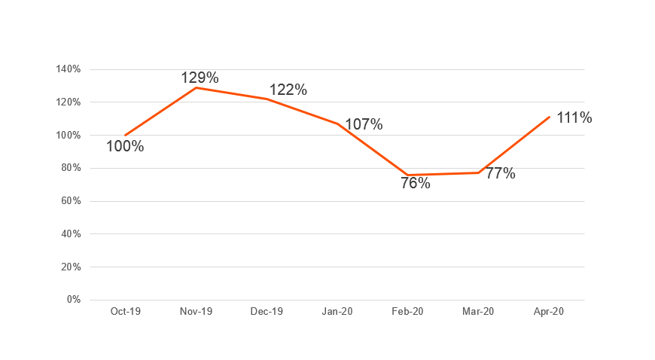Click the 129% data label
(200, 77)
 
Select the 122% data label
(288, 90)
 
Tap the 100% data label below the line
(125, 146)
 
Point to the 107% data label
(364, 124)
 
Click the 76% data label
(416, 183)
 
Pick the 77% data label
(500, 173)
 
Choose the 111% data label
(574, 117)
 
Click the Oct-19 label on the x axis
(125, 312)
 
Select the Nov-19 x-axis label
(196, 312)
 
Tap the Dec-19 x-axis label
(267, 312)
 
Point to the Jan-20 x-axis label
(337, 312)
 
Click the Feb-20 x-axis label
(407, 312)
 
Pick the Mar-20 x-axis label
(478, 312)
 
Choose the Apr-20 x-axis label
(549, 312)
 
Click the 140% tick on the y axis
(69, 69)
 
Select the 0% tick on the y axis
(73, 300)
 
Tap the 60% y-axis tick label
(71, 201)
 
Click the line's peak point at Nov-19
(196, 87)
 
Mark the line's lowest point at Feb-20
(407, 175)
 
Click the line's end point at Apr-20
(549, 117)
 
